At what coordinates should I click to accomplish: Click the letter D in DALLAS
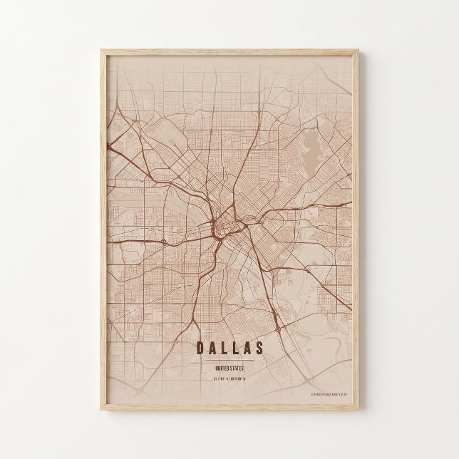pyautogui.click(x=198, y=349)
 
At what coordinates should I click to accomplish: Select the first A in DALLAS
pyautogui.click(x=211, y=349)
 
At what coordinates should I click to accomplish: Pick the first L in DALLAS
pyautogui.click(x=224, y=349)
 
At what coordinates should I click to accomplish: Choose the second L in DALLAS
pyautogui.click(x=236, y=349)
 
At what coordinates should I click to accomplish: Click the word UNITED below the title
pyautogui.click(x=222, y=368)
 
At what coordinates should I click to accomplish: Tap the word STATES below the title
pyautogui.click(x=237, y=368)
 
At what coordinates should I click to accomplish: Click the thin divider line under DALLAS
pyautogui.click(x=229, y=361)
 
